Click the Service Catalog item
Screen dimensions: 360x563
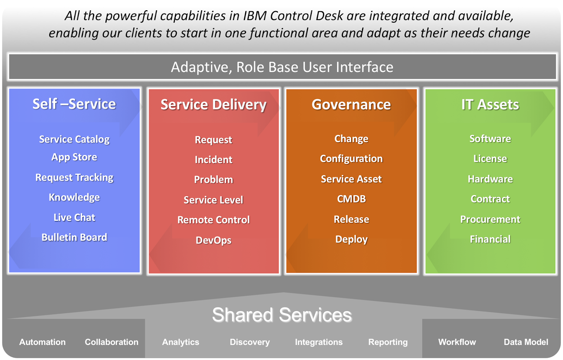pyautogui.click(x=74, y=139)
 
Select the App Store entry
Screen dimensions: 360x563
pyautogui.click(x=74, y=157)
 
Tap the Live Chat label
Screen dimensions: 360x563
pyautogui.click(x=74, y=217)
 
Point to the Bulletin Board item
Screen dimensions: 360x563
pyautogui.click(x=74, y=238)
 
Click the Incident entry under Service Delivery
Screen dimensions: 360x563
pyautogui.click(x=214, y=160)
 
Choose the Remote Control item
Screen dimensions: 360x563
pyautogui.click(x=214, y=220)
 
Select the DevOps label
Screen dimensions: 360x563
pyautogui.click(x=214, y=240)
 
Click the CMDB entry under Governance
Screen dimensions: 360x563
pyautogui.click(x=351, y=199)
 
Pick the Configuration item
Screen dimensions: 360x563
pyautogui.click(x=351, y=159)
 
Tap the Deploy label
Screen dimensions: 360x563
pyautogui.click(x=351, y=239)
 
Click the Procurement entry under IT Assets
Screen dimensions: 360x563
pyautogui.click(x=490, y=219)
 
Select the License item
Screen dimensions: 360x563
pyautogui.click(x=490, y=159)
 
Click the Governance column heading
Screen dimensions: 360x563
pyautogui.click(x=351, y=105)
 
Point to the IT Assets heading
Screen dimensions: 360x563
pyautogui.click(x=490, y=105)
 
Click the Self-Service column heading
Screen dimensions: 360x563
pyautogui.click(x=74, y=104)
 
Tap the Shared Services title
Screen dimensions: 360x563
pyautogui.click(x=282, y=315)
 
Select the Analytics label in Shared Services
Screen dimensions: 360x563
pyautogui.click(x=181, y=342)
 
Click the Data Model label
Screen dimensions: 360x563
pyautogui.click(x=526, y=342)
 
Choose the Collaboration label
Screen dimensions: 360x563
pyautogui.click(x=112, y=342)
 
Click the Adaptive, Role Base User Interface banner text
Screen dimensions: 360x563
pyautogui.click(x=282, y=67)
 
